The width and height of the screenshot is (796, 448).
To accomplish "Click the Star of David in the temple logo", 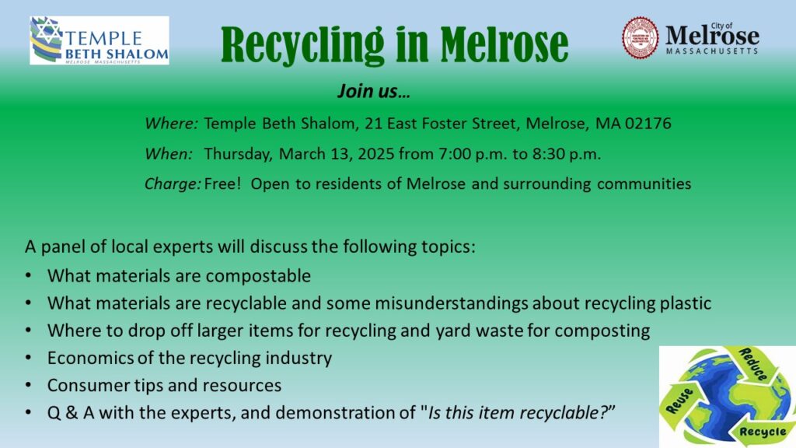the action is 47,30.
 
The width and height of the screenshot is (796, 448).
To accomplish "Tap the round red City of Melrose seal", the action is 640,37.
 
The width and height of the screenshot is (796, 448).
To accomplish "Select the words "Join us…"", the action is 374,92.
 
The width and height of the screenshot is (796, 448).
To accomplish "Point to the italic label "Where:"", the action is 171,124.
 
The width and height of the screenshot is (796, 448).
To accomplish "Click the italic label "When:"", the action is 169,153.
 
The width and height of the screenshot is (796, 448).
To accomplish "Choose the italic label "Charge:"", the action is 173,184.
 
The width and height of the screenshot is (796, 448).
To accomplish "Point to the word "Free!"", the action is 222,184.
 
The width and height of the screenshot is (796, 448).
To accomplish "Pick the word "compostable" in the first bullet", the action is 258,276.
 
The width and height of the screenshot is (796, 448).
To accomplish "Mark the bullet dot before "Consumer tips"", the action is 28,385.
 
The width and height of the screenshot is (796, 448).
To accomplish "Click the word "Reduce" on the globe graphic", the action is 753,364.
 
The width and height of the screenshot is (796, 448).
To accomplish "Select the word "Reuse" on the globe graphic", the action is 679,401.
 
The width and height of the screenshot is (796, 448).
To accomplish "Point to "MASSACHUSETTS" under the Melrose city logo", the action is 712,51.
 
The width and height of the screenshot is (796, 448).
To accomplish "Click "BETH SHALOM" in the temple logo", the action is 117,54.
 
